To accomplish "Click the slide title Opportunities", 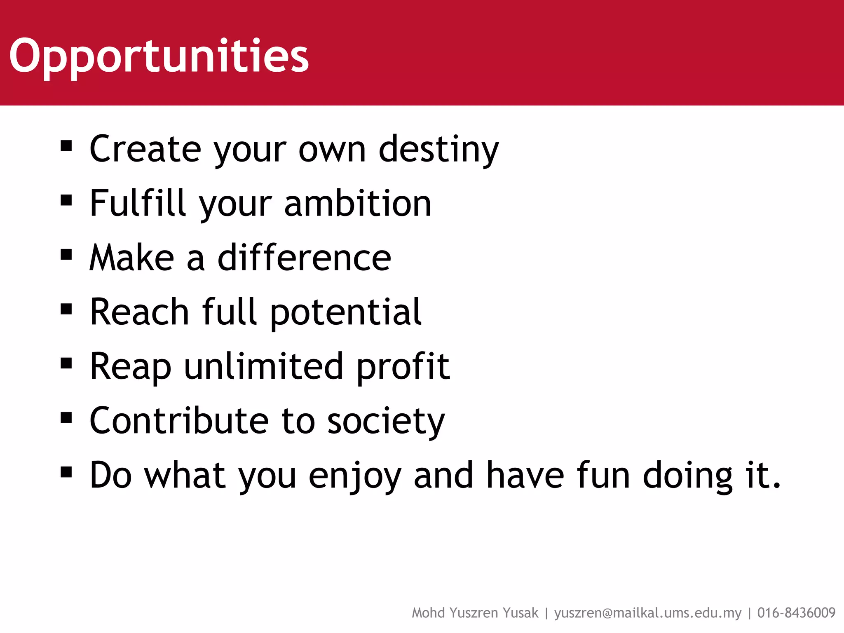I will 159,56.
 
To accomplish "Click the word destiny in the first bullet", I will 438,149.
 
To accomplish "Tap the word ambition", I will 357,203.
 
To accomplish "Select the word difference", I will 304,258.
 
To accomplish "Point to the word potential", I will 346,312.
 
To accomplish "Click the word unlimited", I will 263,366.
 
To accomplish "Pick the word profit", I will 403,366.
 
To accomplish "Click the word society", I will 386,422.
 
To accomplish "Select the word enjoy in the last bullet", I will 355,476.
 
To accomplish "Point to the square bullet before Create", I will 66,146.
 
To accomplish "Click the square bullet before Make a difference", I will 66,255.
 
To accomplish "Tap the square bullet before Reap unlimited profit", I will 66,363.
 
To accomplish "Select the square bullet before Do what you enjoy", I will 66,472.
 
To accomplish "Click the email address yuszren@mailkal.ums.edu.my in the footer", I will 647,613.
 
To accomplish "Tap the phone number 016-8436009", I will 796,613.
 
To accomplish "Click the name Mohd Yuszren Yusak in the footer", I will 475,613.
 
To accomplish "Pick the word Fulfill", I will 138,203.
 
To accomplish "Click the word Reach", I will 139,312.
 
